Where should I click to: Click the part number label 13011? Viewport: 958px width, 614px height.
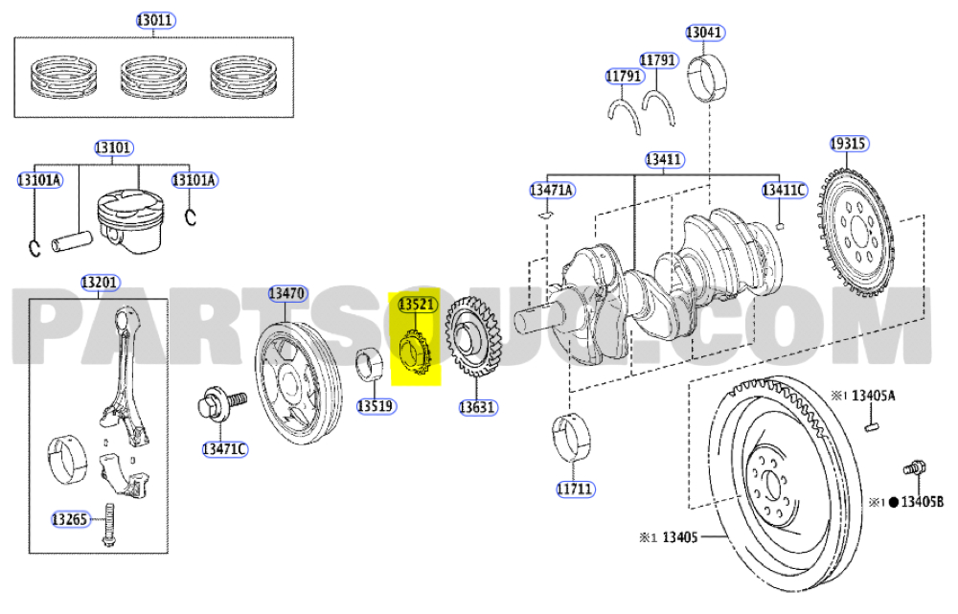pos(155,21)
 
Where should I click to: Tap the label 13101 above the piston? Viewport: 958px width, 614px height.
pos(113,148)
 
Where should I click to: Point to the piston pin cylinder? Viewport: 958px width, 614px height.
pos(72,241)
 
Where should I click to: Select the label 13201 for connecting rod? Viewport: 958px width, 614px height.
pos(101,283)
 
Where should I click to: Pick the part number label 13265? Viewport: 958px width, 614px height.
pos(70,520)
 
